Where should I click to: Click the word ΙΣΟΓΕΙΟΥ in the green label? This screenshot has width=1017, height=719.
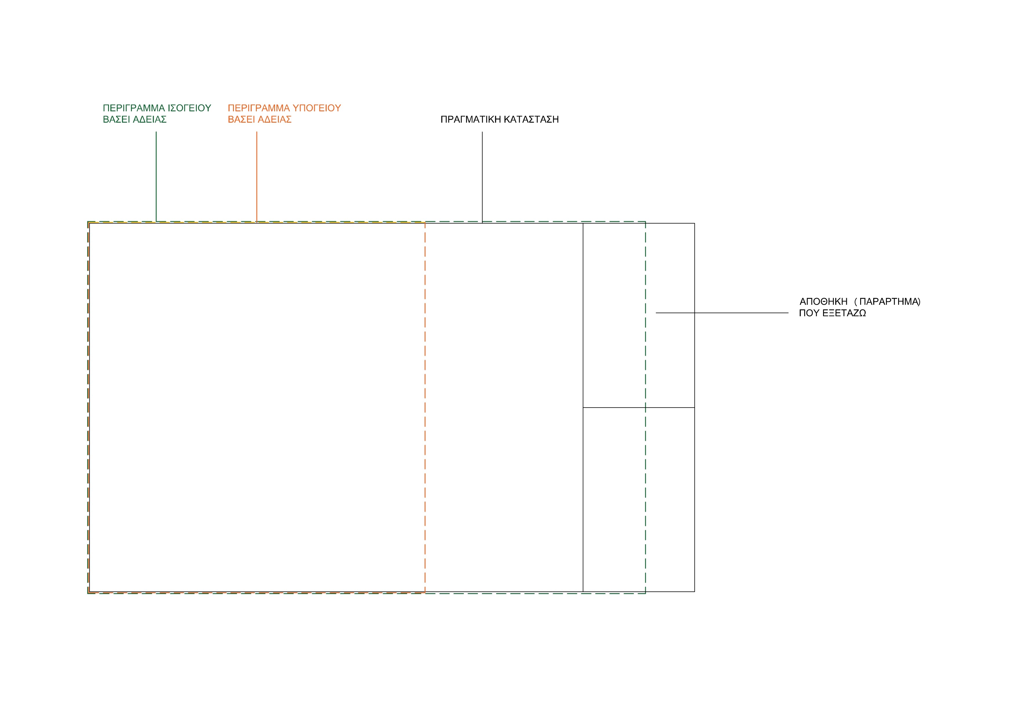click(x=189, y=108)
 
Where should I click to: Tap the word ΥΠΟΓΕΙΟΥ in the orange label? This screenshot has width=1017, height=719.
click(x=317, y=108)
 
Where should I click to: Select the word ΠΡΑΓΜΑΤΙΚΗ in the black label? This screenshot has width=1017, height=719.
click(x=471, y=119)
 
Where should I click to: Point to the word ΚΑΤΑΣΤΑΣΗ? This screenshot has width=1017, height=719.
click(x=532, y=119)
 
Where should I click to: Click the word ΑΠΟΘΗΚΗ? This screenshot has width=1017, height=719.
click(x=823, y=302)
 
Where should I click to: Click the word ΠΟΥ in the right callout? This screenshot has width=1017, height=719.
click(x=809, y=313)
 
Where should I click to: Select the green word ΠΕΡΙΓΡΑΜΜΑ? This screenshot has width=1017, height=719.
click(x=134, y=108)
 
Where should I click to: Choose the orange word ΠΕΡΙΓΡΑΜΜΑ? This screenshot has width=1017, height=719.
click(x=259, y=108)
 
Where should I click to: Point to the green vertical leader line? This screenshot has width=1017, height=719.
click(x=156, y=176)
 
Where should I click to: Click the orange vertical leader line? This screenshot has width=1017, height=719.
click(x=256, y=176)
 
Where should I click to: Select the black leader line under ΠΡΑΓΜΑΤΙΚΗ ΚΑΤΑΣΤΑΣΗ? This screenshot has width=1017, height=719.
click(x=482, y=177)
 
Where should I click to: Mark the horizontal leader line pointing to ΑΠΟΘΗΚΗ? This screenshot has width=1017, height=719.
click(x=722, y=313)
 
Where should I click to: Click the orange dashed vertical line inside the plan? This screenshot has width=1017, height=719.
click(x=425, y=408)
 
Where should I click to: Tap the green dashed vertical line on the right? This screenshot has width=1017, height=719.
click(x=645, y=408)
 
